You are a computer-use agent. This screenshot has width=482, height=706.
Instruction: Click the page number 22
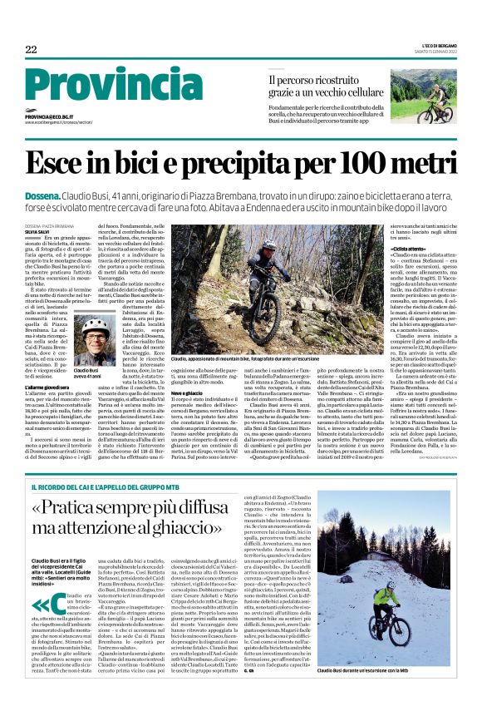point(31,50)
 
